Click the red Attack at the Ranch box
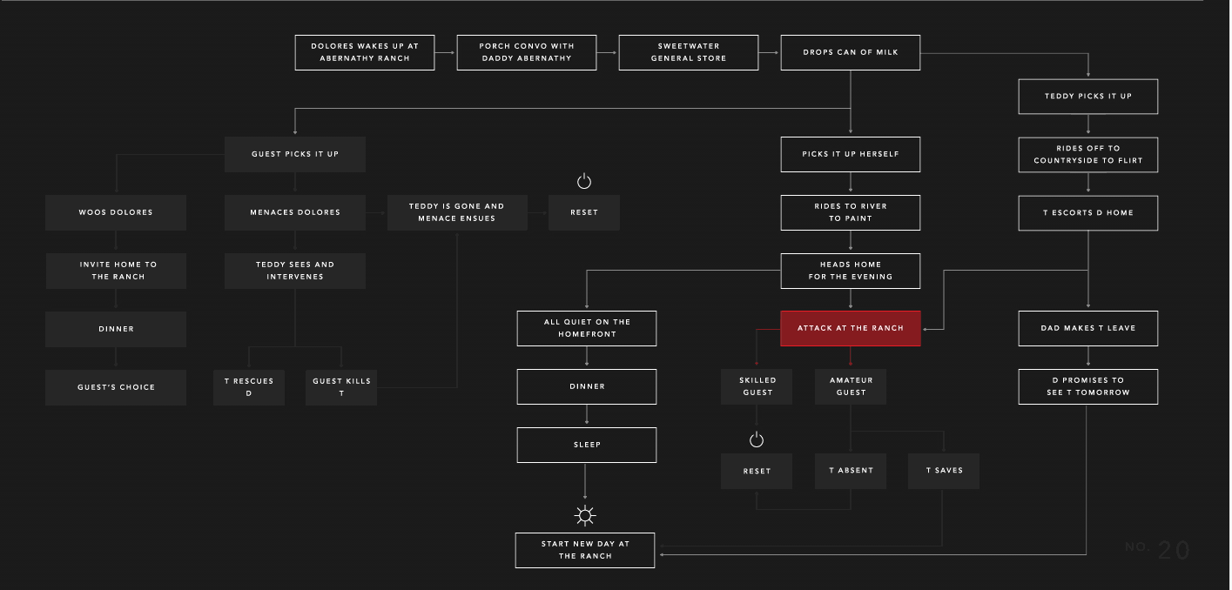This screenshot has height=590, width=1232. click(851, 328)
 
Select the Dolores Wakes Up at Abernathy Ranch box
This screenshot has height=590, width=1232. click(365, 53)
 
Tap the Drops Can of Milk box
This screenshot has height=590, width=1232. click(851, 53)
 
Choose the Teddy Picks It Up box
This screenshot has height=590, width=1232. click(1087, 97)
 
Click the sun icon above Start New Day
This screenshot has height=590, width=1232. click(584, 515)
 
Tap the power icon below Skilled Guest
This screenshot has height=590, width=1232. click(757, 439)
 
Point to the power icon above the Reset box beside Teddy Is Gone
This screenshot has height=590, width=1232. click(584, 181)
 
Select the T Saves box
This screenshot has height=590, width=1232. click(944, 471)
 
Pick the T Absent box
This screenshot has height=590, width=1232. click(851, 471)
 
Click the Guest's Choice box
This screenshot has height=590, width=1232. click(116, 387)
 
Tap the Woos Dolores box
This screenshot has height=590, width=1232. click(116, 212)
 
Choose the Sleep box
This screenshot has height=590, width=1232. click(586, 445)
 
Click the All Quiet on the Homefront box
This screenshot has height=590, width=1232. click(586, 328)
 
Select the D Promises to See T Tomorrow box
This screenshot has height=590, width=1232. click(1087, 386)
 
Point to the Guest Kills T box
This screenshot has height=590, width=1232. click(341, 387)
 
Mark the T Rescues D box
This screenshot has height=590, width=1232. click(249, 387)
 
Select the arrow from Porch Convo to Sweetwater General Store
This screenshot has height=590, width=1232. click(607, 53)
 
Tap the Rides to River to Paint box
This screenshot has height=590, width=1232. click(851, 213)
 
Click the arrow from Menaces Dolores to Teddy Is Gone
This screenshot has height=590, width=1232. click(375, 213)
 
